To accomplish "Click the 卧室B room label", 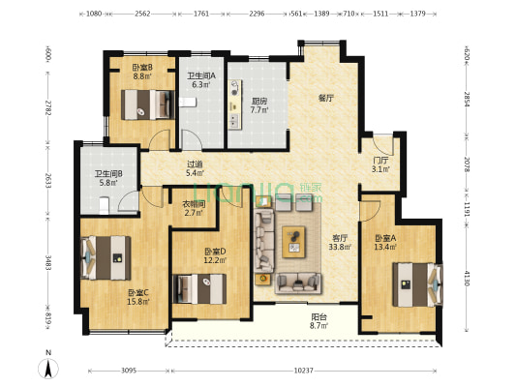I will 142,67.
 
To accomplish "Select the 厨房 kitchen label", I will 259,101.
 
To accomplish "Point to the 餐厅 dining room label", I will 326,99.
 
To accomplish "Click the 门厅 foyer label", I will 380,161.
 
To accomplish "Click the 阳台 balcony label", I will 318,317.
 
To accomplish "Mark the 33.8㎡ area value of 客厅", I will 340,246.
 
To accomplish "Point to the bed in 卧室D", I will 199,287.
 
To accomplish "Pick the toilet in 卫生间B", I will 104,204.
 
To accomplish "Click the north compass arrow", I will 46,368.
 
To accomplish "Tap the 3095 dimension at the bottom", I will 122,371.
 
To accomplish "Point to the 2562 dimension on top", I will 142,15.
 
